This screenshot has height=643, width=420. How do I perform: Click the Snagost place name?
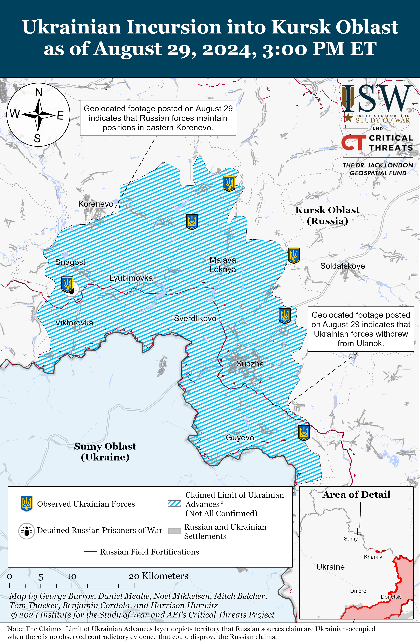(x=70, y=262)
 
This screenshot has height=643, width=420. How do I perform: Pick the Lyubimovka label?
(x=131, y=278)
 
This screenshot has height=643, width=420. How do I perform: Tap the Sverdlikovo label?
(x=195, y=319)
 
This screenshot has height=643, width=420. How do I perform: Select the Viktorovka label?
(x=74, y=323)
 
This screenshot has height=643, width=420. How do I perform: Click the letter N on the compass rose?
(x=39, y=92)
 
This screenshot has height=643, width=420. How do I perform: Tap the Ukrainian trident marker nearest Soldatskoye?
(x=293, y=255)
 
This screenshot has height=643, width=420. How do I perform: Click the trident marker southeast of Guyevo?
(x=304, y=432)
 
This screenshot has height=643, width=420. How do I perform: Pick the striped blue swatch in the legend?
(x=174, y=504)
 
